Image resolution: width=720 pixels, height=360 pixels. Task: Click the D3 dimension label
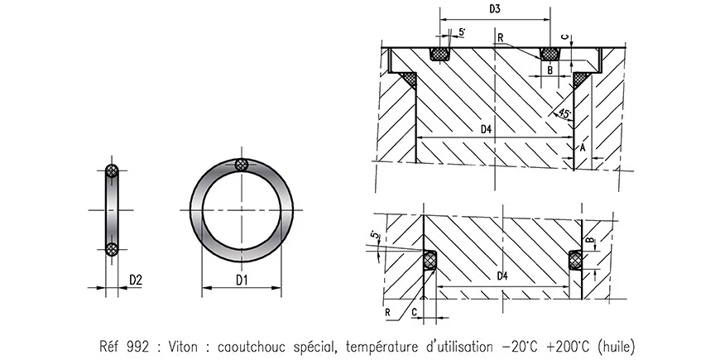pos(495,10)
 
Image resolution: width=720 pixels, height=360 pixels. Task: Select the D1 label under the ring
pos(242,280)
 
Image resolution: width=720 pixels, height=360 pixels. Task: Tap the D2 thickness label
pos(136,280)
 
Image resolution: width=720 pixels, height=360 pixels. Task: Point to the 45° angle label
pos(564,113)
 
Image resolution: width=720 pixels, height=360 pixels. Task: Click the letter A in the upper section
pos(583,147)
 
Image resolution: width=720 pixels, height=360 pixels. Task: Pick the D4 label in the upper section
pos(486,129)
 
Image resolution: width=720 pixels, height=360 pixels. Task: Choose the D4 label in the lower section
pos(503,276)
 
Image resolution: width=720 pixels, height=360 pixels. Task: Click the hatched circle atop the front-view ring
pos(242,165)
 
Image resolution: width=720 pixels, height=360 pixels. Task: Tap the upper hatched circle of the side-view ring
pos(112,171)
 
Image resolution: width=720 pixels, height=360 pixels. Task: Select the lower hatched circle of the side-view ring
pos(112,249)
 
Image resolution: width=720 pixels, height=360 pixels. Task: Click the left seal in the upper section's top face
pos(439,54)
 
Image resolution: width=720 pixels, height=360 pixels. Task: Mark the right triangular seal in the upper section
pos(582,79)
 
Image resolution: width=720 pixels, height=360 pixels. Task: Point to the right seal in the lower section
pos(575,260)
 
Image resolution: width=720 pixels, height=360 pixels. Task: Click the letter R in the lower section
pos(387,312)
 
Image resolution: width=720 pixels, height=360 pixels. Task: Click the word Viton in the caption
pos(183,345)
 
